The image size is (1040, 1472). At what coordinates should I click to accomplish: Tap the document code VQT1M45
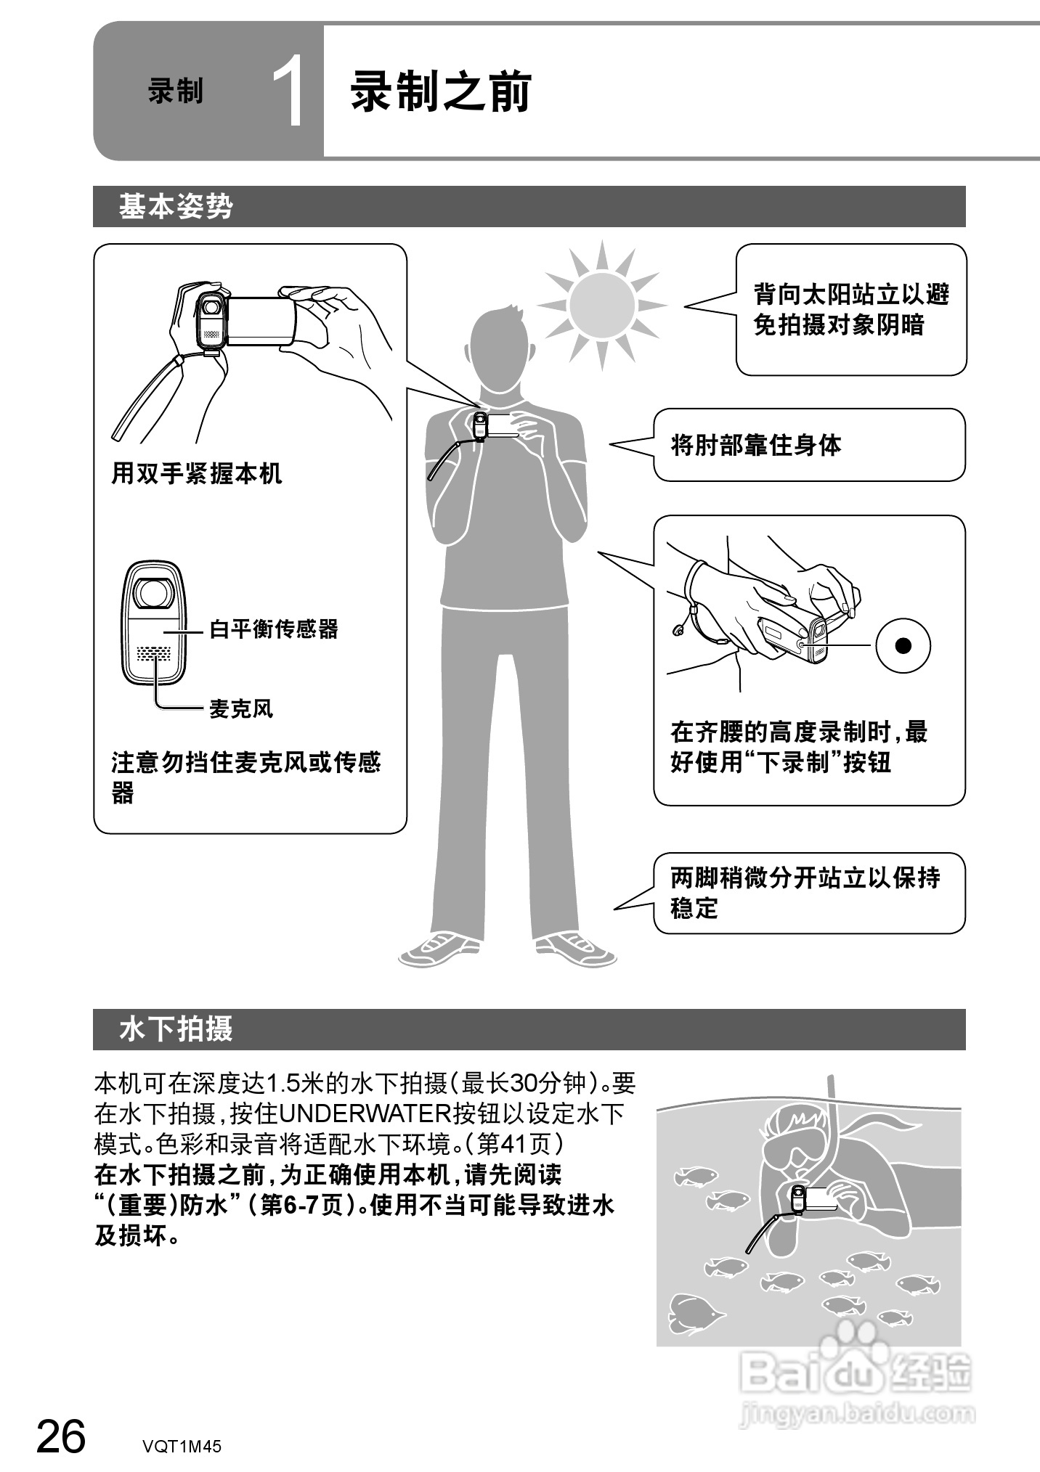click(x=182, y=1446)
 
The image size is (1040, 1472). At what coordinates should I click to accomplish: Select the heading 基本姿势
click(x=176, y=207)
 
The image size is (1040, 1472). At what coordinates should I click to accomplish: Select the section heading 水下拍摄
click(x=176, y=1029)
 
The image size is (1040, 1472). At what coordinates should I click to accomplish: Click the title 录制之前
click(x=441, y=92)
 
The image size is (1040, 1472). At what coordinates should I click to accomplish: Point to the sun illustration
click(x=601, y=305)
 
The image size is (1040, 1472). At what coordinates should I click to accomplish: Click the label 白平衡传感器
click(x=274, y=629)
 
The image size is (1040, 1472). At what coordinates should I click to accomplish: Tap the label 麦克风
click(x=241, y=708)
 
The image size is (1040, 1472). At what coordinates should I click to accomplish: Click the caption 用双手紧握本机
click(x=196, y=474)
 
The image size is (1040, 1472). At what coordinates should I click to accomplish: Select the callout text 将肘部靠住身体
click(x=756, y=445)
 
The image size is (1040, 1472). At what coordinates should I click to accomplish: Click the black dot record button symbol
click(x=903, y=645)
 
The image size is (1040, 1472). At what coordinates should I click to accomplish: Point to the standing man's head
click(x=500, y=347)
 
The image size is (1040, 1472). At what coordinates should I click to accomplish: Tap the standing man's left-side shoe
click(x=438, y=947)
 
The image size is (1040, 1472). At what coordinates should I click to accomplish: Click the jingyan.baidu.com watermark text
click(x=857, y=1412)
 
